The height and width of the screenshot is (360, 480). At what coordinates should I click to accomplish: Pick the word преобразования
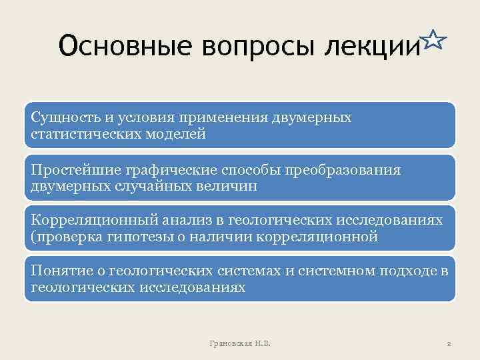pyautogui.click(x=346, y=171)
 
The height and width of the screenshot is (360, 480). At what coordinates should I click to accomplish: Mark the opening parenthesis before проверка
pyautogui.click(x=33, y=237)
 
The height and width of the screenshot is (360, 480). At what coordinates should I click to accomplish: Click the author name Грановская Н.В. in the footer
pyautogui.click(x=240, y=343)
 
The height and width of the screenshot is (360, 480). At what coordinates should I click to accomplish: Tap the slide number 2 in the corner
pyautogui.click(x=449, y=343)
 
